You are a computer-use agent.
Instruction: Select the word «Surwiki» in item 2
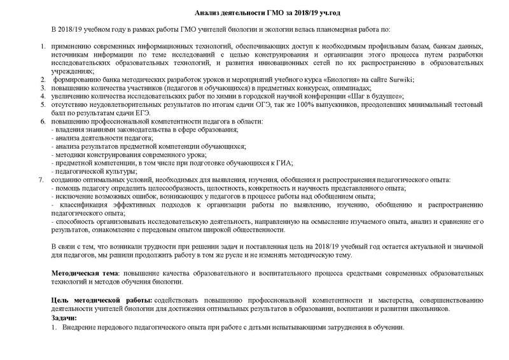point(399,80)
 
